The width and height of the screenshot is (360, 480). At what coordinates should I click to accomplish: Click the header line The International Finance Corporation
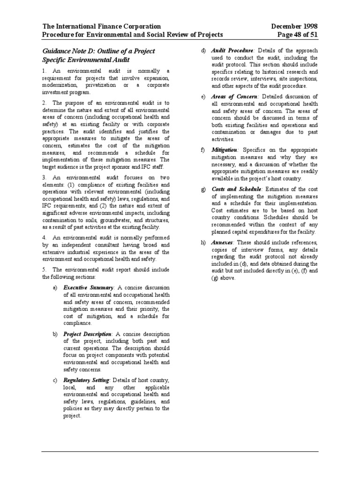[x=102, y=27]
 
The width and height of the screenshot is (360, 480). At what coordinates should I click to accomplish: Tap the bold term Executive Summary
[x=89, y=287]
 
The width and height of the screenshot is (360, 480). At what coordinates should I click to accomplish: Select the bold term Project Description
[x=88, y=334]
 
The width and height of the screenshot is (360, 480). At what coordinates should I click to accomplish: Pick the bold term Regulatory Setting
[x=87, y=380]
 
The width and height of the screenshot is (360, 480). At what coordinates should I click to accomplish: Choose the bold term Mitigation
[x=225, y=150]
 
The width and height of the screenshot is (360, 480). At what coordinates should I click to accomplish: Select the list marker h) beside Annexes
[x=203, y=242]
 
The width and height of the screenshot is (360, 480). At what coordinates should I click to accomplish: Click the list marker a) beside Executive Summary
[x=55, y=287]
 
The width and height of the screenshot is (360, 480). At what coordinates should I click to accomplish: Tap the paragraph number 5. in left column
[x=44, y=270]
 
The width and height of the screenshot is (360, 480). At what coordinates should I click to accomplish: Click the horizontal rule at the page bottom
[x=180, y=452]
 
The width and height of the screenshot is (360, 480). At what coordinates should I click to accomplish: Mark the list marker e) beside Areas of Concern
[x=203, y=96]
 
